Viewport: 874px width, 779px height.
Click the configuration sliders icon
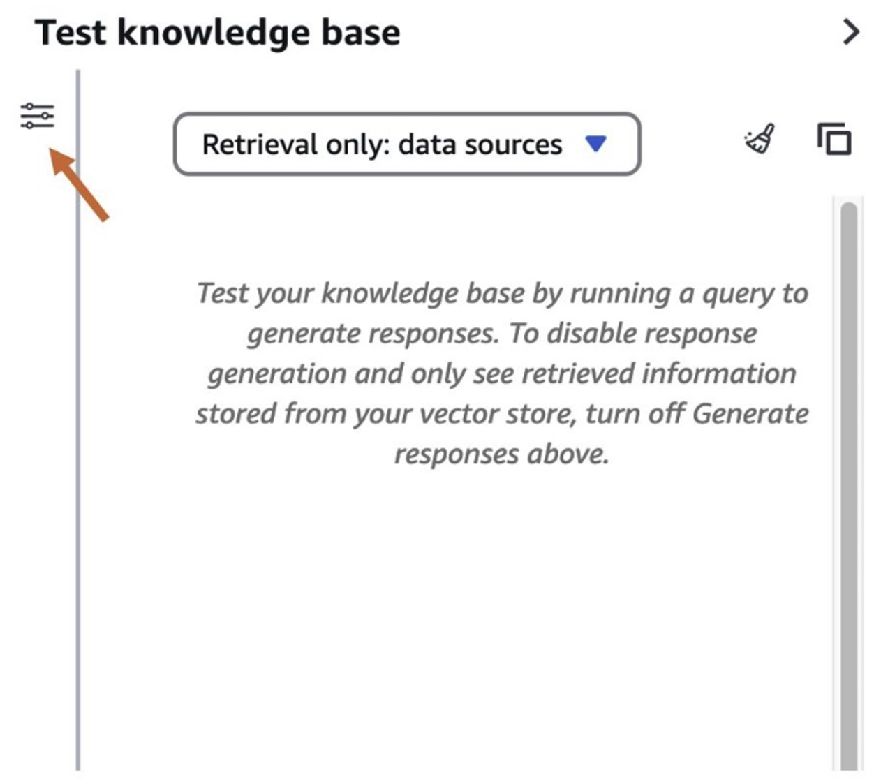[38, 116]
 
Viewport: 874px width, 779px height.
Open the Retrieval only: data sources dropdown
[407, 144]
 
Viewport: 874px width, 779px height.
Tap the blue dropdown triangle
[595, 144]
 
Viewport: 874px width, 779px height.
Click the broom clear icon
[760, 138]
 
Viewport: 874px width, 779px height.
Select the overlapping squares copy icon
[834, 139]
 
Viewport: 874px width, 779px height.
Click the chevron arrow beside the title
[851, 32]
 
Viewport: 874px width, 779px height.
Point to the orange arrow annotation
[79, 184]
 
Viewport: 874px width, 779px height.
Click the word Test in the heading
[71, 33]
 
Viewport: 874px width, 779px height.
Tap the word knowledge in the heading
[214, 34]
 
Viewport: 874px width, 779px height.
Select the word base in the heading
[361, 33]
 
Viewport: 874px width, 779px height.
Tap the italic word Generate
[750, 414]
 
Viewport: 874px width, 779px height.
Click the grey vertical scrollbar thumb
[849, 486]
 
